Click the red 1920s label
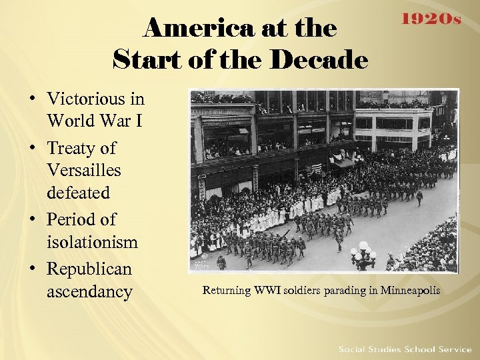tap(430, 20)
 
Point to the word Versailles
tap(84, 170)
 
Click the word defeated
tap(78, 193)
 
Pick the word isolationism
tap(92, 242)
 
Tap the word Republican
tap(89, 269)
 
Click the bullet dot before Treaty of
tap(33, 148)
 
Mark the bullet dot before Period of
tap(33, 219)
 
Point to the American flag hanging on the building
tap(315, 168)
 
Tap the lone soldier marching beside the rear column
tap(419, 197)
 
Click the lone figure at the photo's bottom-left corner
tap(221, 263)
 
